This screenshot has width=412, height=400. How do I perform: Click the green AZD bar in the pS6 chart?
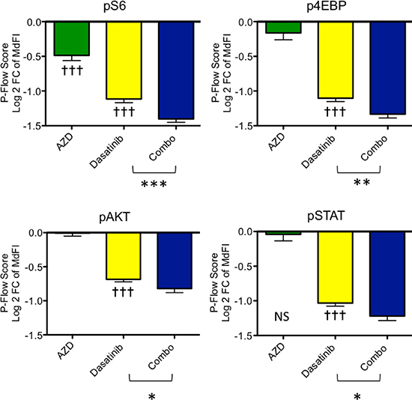click(x=72, y=39)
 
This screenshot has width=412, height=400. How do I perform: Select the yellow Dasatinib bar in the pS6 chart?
click(x=124, y=61)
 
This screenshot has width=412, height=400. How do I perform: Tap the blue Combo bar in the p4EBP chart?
click(x=388, y=68)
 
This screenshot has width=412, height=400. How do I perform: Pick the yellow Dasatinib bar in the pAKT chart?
click(x=124, y=256)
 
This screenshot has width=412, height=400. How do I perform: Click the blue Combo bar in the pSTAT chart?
click(x=387, y=274)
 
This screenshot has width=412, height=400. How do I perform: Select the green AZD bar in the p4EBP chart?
click(x=283, y=27)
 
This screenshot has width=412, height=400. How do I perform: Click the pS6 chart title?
click(x=115, y=7)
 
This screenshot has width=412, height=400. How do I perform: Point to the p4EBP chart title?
click(x=326, y=6)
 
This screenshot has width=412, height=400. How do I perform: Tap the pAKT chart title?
click(x=115, y=217)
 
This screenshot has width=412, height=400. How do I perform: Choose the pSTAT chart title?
click(x=326, y=216)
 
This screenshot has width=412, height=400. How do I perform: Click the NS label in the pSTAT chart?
click(x=282, y=317)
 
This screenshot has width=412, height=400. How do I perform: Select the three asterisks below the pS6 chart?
click(x=154, y=184)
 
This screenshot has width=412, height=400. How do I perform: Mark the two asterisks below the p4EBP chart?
click(x=362, y=182)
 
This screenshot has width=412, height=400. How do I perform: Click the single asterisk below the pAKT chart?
click(x=151, y=396)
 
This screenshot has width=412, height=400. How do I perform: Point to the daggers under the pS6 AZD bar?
click(x=72, y=70)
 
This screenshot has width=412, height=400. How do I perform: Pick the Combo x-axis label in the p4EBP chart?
click(x=374, y=148)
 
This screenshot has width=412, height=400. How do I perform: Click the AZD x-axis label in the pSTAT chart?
click(x=276, y=352)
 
